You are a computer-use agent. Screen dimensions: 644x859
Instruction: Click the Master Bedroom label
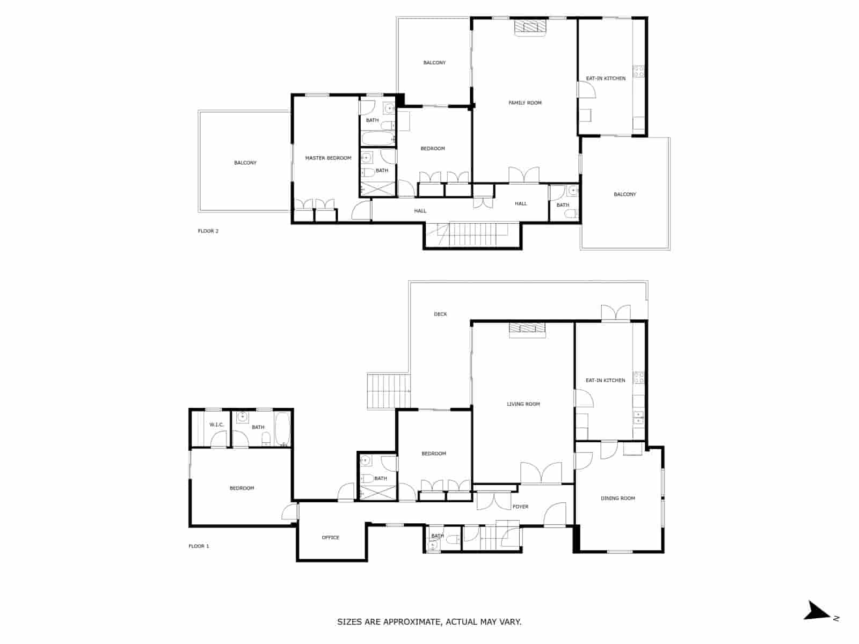328,158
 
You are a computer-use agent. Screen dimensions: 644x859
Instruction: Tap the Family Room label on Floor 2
525,103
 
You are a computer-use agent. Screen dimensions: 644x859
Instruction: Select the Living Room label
523,404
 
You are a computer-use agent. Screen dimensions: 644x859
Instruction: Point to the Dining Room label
617,499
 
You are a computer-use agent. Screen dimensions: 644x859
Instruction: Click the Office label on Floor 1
331,537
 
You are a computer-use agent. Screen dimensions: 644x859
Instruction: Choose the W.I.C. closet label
216,425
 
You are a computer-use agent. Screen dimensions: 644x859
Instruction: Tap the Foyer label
520,507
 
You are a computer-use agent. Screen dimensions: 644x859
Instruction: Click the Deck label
440,314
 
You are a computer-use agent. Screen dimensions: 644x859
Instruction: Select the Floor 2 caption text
208,231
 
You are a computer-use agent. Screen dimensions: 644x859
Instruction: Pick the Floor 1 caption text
199,546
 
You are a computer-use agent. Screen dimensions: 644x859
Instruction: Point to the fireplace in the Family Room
529,27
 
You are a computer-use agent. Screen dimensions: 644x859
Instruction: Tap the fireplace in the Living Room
527,330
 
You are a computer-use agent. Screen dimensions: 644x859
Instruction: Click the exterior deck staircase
388,391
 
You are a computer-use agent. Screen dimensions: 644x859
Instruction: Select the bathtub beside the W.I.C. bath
282,428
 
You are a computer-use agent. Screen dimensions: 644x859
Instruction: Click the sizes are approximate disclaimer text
429,622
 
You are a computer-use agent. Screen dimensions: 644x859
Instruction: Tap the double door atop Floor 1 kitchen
615,313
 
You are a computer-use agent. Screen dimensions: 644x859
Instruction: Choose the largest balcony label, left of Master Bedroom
245,163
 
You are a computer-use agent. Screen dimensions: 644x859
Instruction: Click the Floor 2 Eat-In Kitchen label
606,78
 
